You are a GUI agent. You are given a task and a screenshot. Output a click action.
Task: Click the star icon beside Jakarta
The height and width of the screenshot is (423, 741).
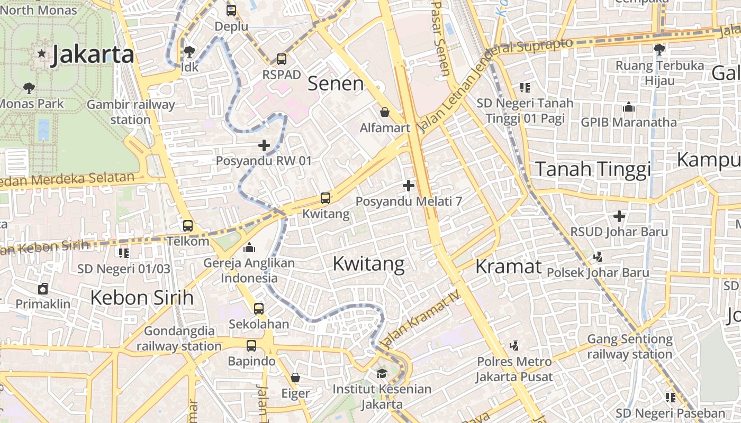click(41, 54)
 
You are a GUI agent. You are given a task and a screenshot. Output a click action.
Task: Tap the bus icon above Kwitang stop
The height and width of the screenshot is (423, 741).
click(326, 199)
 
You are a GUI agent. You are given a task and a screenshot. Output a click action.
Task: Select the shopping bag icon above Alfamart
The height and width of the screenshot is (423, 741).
click(385, 112)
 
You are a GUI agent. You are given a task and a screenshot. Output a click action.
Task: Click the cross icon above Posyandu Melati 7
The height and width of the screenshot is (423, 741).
click(409, 186)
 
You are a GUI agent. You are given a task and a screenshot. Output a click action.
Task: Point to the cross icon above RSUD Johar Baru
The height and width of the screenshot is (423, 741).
click(619, 216)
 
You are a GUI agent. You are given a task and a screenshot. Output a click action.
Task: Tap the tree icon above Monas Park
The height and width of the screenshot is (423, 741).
click(29, 88)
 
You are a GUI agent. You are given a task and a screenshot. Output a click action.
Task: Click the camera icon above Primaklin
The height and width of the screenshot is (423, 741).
click(43, 289)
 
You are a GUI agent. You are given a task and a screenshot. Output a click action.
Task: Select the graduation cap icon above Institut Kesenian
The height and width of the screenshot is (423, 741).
click(382, 374)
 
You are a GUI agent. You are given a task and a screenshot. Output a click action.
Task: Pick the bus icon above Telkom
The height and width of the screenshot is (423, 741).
click(188, 226)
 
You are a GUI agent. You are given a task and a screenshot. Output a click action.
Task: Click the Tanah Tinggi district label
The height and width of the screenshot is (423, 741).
click(593, 169)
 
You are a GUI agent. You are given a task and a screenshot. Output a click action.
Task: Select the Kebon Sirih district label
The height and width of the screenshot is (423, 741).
click(142, 298)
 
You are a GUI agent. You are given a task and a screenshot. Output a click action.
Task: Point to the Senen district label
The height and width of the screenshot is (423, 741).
click(336, 84)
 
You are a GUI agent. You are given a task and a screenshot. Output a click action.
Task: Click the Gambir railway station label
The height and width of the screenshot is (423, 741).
click(130, 112)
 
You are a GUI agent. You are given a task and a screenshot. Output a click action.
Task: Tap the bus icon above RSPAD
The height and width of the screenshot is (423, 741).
click(282, 59)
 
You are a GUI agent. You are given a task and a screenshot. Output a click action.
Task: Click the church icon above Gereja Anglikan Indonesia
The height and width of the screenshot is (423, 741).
click(249, 247)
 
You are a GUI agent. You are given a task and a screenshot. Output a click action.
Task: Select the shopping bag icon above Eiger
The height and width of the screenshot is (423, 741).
click(295, 378)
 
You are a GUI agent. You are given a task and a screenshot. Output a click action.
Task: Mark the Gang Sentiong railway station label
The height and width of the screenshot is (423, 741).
click(629, 346)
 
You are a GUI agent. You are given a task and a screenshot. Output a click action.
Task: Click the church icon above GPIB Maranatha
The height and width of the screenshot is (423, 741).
click(629, 107)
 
